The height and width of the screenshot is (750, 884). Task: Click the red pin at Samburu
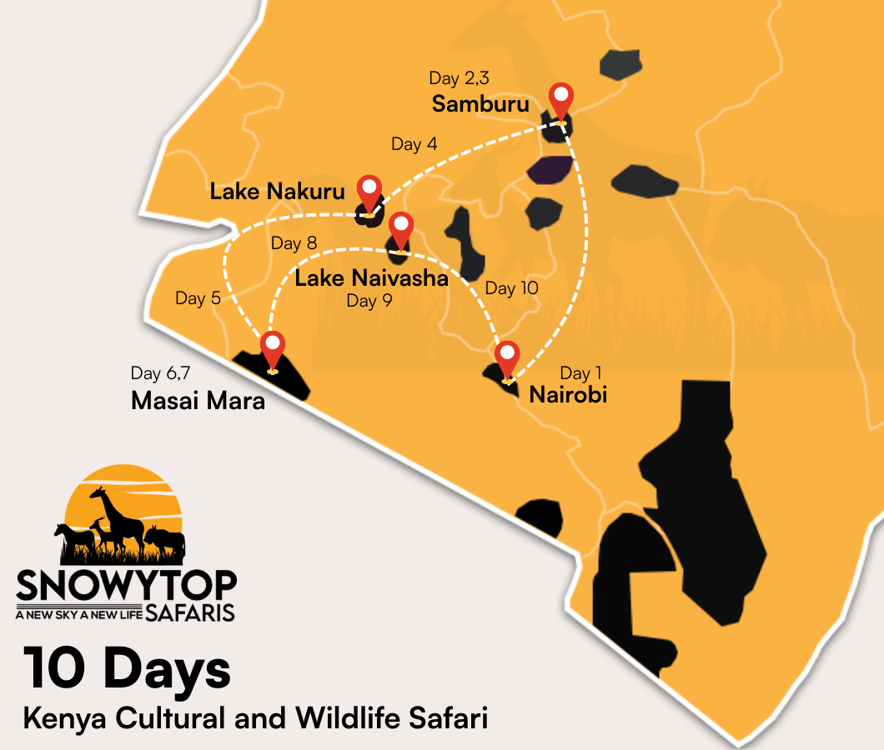tap(561, 100)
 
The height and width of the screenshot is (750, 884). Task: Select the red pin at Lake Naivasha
tap(401, 229)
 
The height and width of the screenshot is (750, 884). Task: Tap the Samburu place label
tap(480, 104)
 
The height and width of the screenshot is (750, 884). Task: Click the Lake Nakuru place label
tap(277, 192)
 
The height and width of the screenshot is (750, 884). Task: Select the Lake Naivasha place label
tap(371, 278)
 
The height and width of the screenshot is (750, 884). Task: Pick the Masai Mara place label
tap(198, 401)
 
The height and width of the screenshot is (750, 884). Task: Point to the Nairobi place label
tap(568, 394)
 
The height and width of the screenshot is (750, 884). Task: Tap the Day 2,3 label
tap(459, 78)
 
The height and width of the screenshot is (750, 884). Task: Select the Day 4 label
tap(414, 144)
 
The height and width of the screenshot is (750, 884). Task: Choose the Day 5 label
tap(198, 298)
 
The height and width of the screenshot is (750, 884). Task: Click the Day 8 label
tap(294, 243)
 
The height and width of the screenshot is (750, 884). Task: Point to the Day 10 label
tap(511, 288)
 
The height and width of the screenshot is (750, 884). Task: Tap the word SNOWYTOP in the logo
tap(126, 586)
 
